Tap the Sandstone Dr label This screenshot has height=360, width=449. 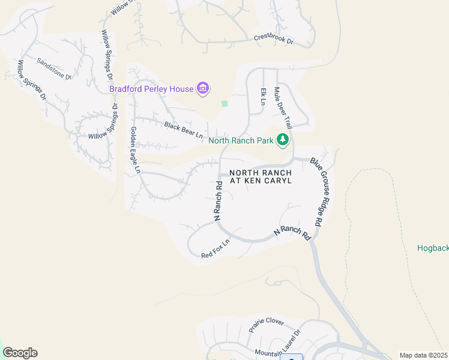[x=54, y=68]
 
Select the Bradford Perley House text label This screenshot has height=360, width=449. [x=151, y=89]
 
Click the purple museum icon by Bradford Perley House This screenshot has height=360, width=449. [x=203, y=89]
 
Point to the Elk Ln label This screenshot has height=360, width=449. [x=263, y=96]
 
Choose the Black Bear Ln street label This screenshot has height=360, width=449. [x=183, y=130]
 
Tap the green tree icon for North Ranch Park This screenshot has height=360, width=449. [x=283, y=140]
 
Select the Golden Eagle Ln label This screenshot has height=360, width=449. [x=135, y=150]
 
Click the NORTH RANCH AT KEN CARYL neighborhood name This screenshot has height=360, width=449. [x=261, y=176]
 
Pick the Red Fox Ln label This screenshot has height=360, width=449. [x=215, y=250]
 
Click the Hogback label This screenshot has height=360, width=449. [x=433, y=247]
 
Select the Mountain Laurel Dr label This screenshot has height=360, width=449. [x=276, y=346]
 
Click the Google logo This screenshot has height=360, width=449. [x=20, y=353]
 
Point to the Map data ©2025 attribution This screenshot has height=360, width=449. [x=424, y=355]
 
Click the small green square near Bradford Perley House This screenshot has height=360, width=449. [x=224, y=104]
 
